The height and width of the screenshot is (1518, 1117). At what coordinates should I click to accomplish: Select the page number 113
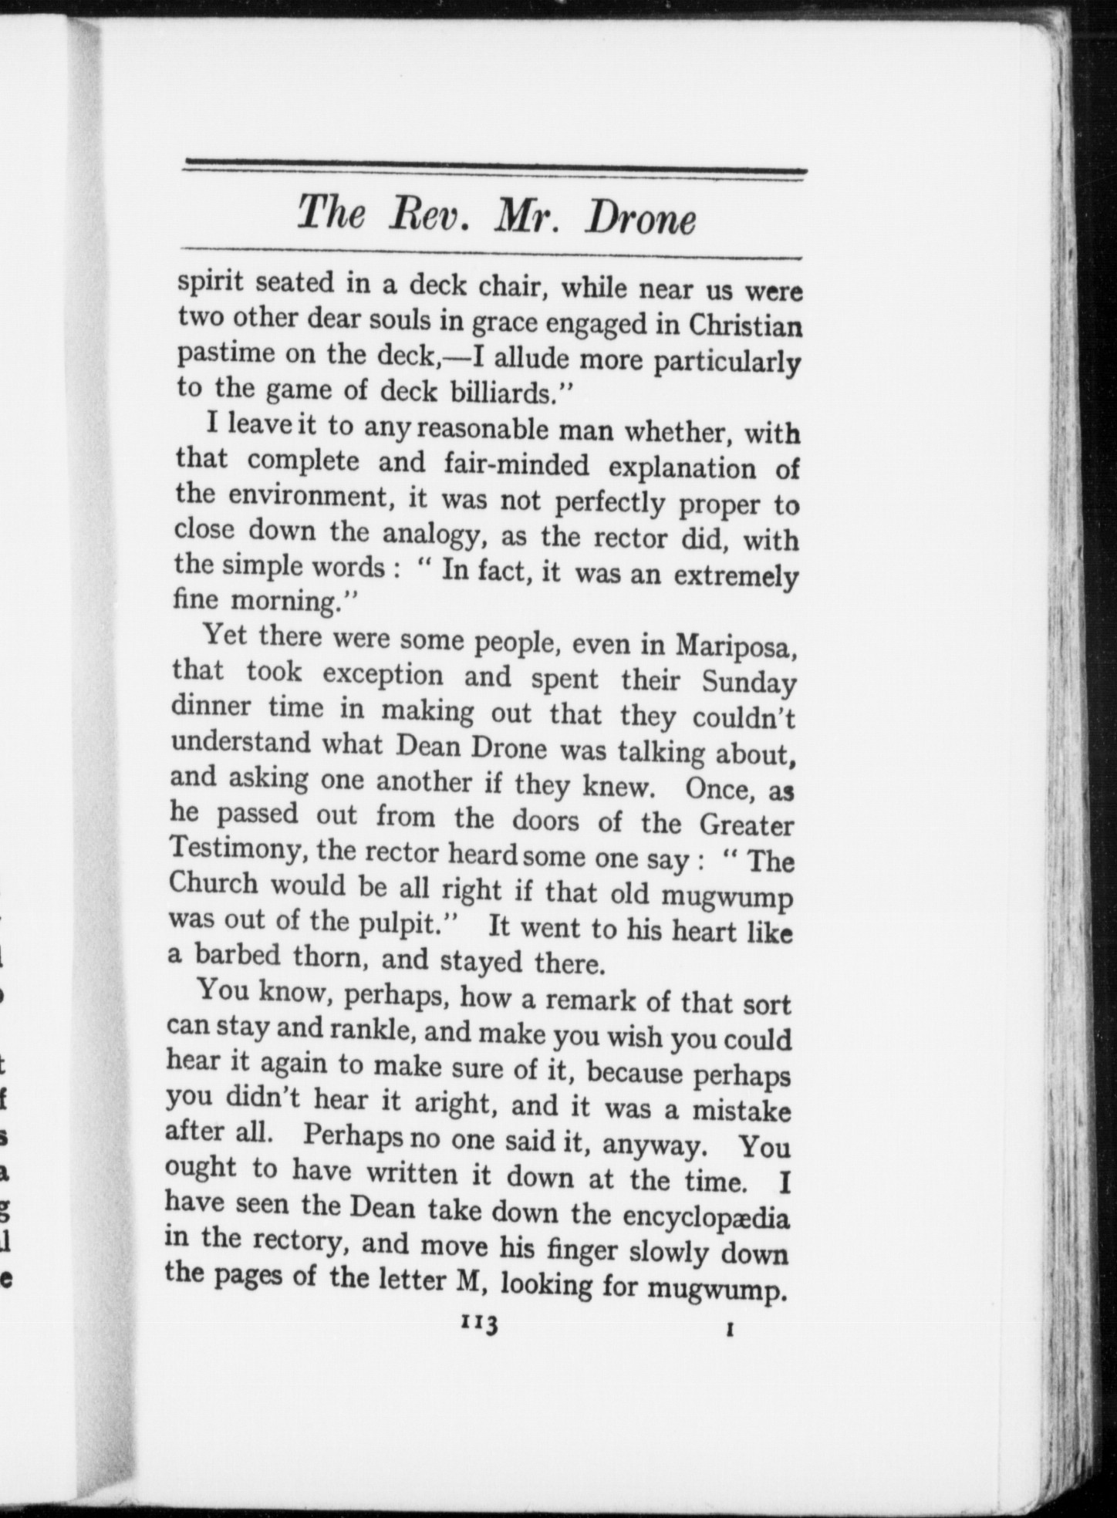(480, 1324)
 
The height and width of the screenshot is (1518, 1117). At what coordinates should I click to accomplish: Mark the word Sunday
(748, 683)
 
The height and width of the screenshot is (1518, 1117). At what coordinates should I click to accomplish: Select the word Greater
(746, 825)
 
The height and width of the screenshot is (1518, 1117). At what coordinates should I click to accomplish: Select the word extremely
(735, 577)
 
